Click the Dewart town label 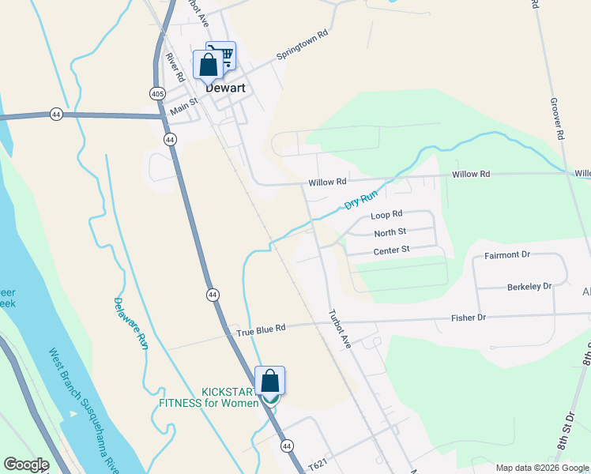coord(225,88)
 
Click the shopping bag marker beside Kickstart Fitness coord(269,381)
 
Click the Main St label coord(183,104)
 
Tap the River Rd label coord(175,67)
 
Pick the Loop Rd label coord(386,214)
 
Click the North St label coord(390,232)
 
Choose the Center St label coord(391,250)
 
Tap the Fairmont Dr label coord(506,255)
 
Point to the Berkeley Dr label coord(529,286)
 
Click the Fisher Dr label coord(469,318)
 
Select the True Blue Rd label coord(260,328)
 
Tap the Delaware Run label coord(130,324)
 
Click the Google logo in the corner coord(26,465)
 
